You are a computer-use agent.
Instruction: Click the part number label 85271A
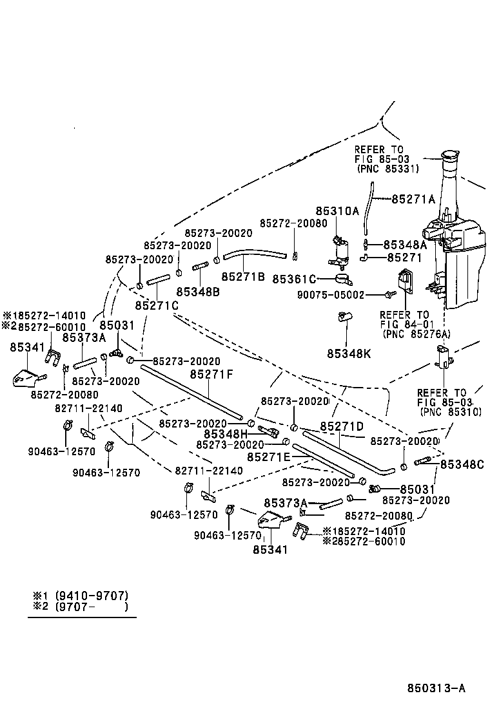coord(413,199)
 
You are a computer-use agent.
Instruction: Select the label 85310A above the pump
coord(337,211)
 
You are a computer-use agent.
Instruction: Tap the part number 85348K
coord(349,353)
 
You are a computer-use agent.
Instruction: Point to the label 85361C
coord(294,279)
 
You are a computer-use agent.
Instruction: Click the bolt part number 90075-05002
coord(331,295)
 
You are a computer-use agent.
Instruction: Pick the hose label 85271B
coord(243,276)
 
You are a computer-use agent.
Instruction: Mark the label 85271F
coord(211,374)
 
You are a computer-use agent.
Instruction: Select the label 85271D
coord(342,426)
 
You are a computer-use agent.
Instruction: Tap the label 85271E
coord(269,456)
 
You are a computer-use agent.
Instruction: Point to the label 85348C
coord(462,464)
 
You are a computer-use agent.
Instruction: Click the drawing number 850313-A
coord(436,688)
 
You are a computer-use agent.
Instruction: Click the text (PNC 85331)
coord(387,169)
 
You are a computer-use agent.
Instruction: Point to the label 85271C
coord(157,305)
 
